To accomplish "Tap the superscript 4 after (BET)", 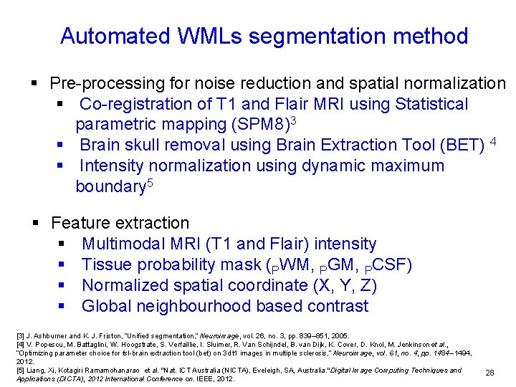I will click(493, 140).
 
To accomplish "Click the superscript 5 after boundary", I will click(150, 183).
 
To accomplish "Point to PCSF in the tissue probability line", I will click(388, 266).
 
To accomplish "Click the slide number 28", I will click(489, 373).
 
